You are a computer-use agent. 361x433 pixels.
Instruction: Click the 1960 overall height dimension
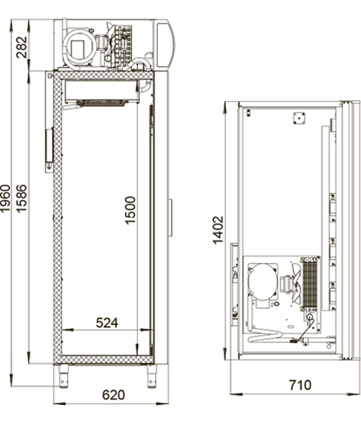(x=6, y=198)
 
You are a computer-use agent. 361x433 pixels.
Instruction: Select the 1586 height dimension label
(x=22, y=198)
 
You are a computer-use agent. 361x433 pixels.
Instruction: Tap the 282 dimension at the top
(x=22, y=47)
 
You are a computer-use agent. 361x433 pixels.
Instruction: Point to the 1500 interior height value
(x=131, y=210)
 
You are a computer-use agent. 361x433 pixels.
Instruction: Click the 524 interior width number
(x=107, y=323)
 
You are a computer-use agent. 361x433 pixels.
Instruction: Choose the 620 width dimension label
(x=113, y=395)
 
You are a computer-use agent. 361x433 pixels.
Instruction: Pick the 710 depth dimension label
(x=300, y=385)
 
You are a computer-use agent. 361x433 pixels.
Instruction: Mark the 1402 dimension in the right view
(x=218, y=230)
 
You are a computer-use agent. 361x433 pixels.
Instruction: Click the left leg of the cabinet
(x=64, y=377)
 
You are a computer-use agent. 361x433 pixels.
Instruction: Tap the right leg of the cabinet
(x=152, y=377)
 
